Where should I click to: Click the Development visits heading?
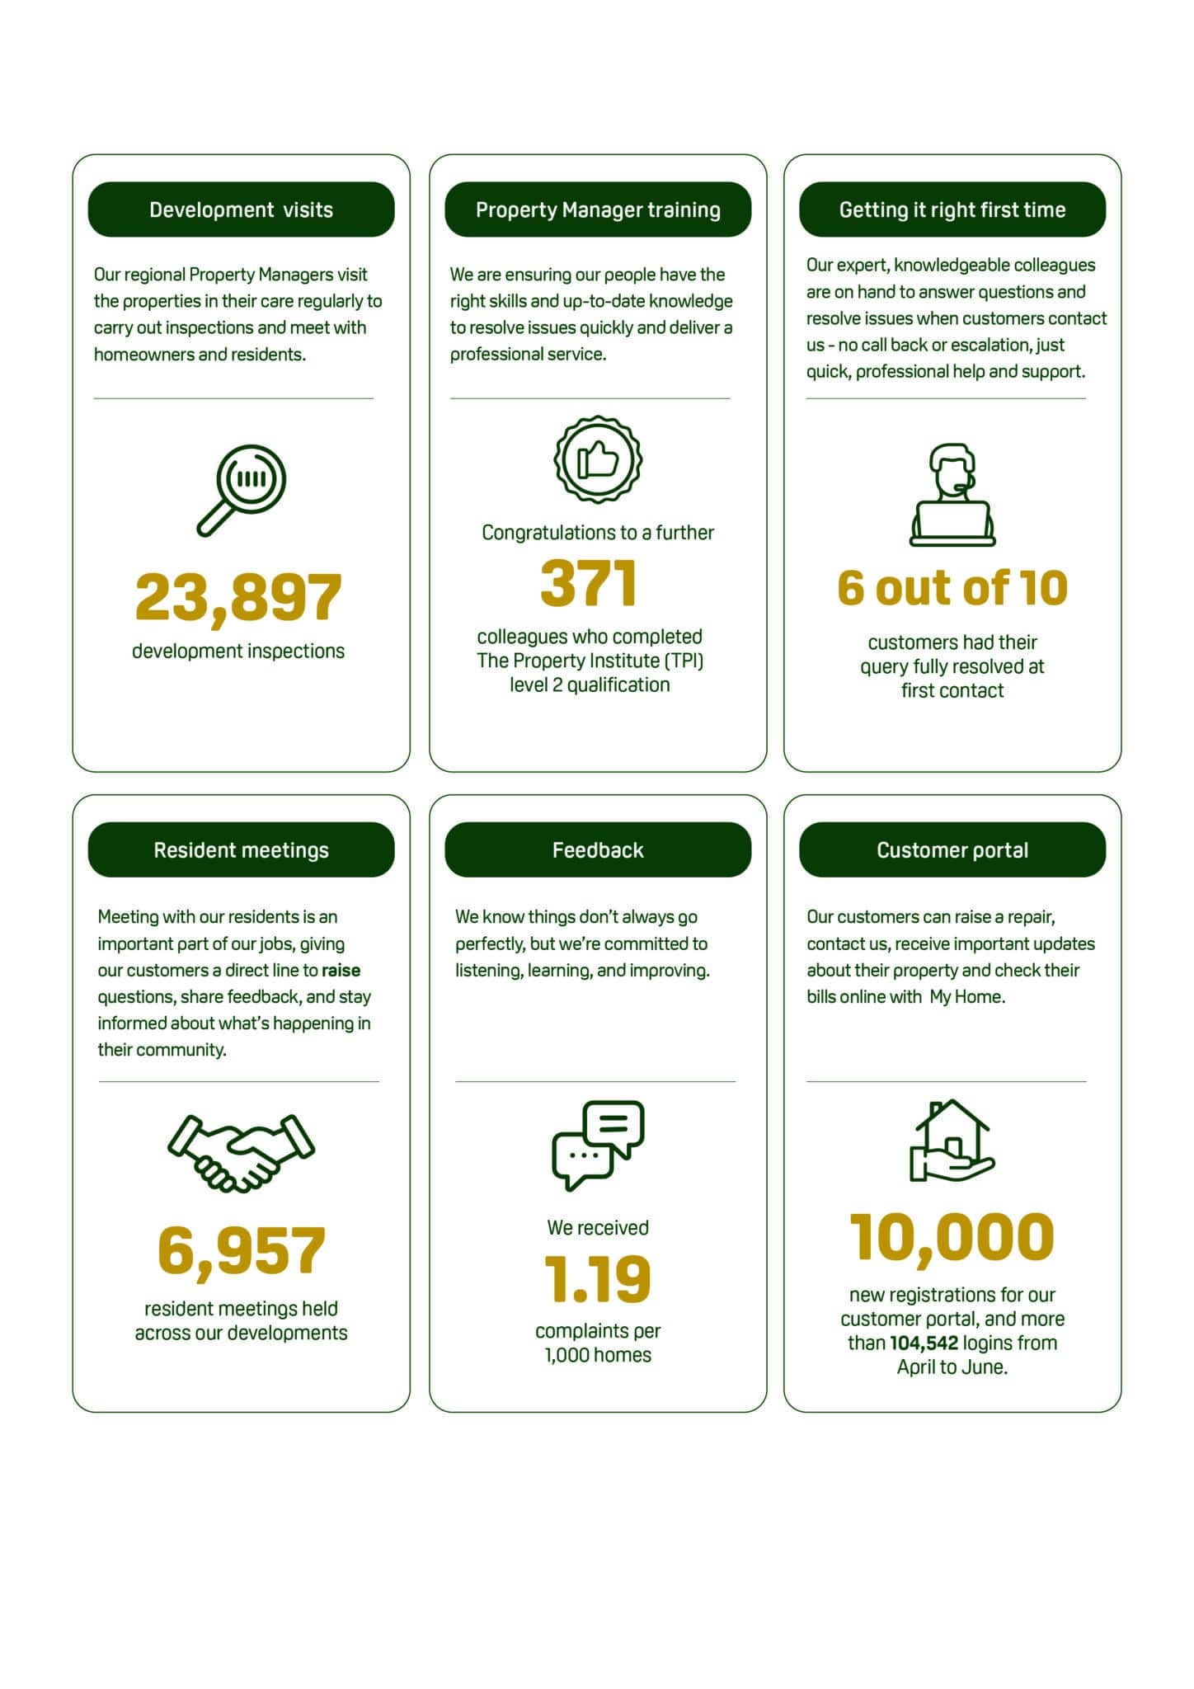[x=241, y=209]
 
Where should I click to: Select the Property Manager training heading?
[x=598, y=209]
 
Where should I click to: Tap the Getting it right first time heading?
[x=952, y=209]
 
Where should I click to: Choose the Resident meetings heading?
[x=241, y=849]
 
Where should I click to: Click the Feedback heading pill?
[x=598, y=849]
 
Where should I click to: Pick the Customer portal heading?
[x=952, y=849]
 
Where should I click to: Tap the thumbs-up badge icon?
[x=598, y=459]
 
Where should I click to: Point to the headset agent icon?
[x=952, y=494]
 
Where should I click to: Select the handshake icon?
[x=241, y=1152]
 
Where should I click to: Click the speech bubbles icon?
[x=598, y=1145]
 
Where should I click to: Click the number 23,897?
[x=238, y=597]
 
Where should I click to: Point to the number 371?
[x=589, y=583]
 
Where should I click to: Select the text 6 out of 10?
[x=952, y=588]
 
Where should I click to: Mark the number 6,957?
[x=241, y=1250]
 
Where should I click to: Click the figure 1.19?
[x=598, y=1279]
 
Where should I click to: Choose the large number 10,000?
[x=952, y=1237]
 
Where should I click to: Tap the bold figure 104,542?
[x=924, y=1343]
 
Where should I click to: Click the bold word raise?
[x=341, y=970]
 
